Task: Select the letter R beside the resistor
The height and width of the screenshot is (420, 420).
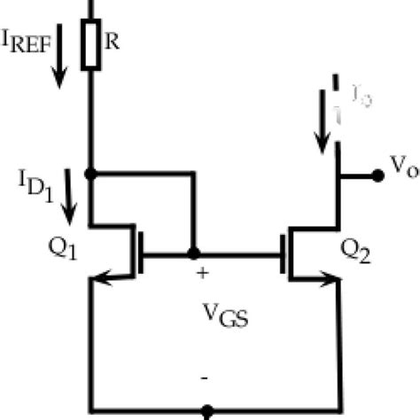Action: pyautogui.click(x=113, y=41)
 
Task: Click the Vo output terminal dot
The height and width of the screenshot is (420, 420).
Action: pyautogui.click(x=377, y=175)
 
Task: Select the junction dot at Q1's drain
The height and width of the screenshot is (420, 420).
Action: pyautogui.click(x=90, y=174)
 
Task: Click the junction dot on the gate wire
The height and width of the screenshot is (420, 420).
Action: pyautogui.click(x=192, y=253)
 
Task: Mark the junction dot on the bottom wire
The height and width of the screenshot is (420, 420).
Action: pyautogui.click(x=207, y=412)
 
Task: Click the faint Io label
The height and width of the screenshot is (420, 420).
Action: pyautogui.click(x=359, y=98)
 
